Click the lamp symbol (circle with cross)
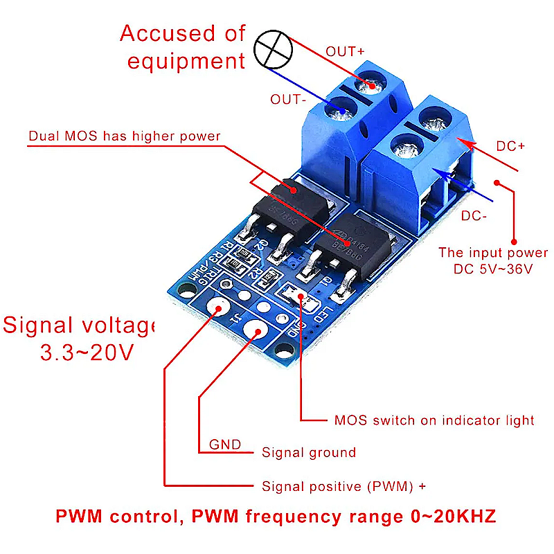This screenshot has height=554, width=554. coord(271,48)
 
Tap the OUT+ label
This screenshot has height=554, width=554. coord(345,51)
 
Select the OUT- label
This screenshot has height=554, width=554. coord(289,100)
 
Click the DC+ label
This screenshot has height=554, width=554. coord(511,147)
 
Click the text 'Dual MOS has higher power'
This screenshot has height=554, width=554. coord(124,136)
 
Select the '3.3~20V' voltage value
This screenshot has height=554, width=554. coord(87,353)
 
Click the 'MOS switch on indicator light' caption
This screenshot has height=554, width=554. coord(434,420)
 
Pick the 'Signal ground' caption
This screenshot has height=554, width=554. coord(308,453)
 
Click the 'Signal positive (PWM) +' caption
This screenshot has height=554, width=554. coord(343,487)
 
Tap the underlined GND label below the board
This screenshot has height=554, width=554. coord(224,445)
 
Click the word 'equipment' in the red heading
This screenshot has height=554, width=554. coord(186,61)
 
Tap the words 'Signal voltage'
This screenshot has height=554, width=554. coord(78,325)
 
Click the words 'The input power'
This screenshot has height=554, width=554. coord(492,253)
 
